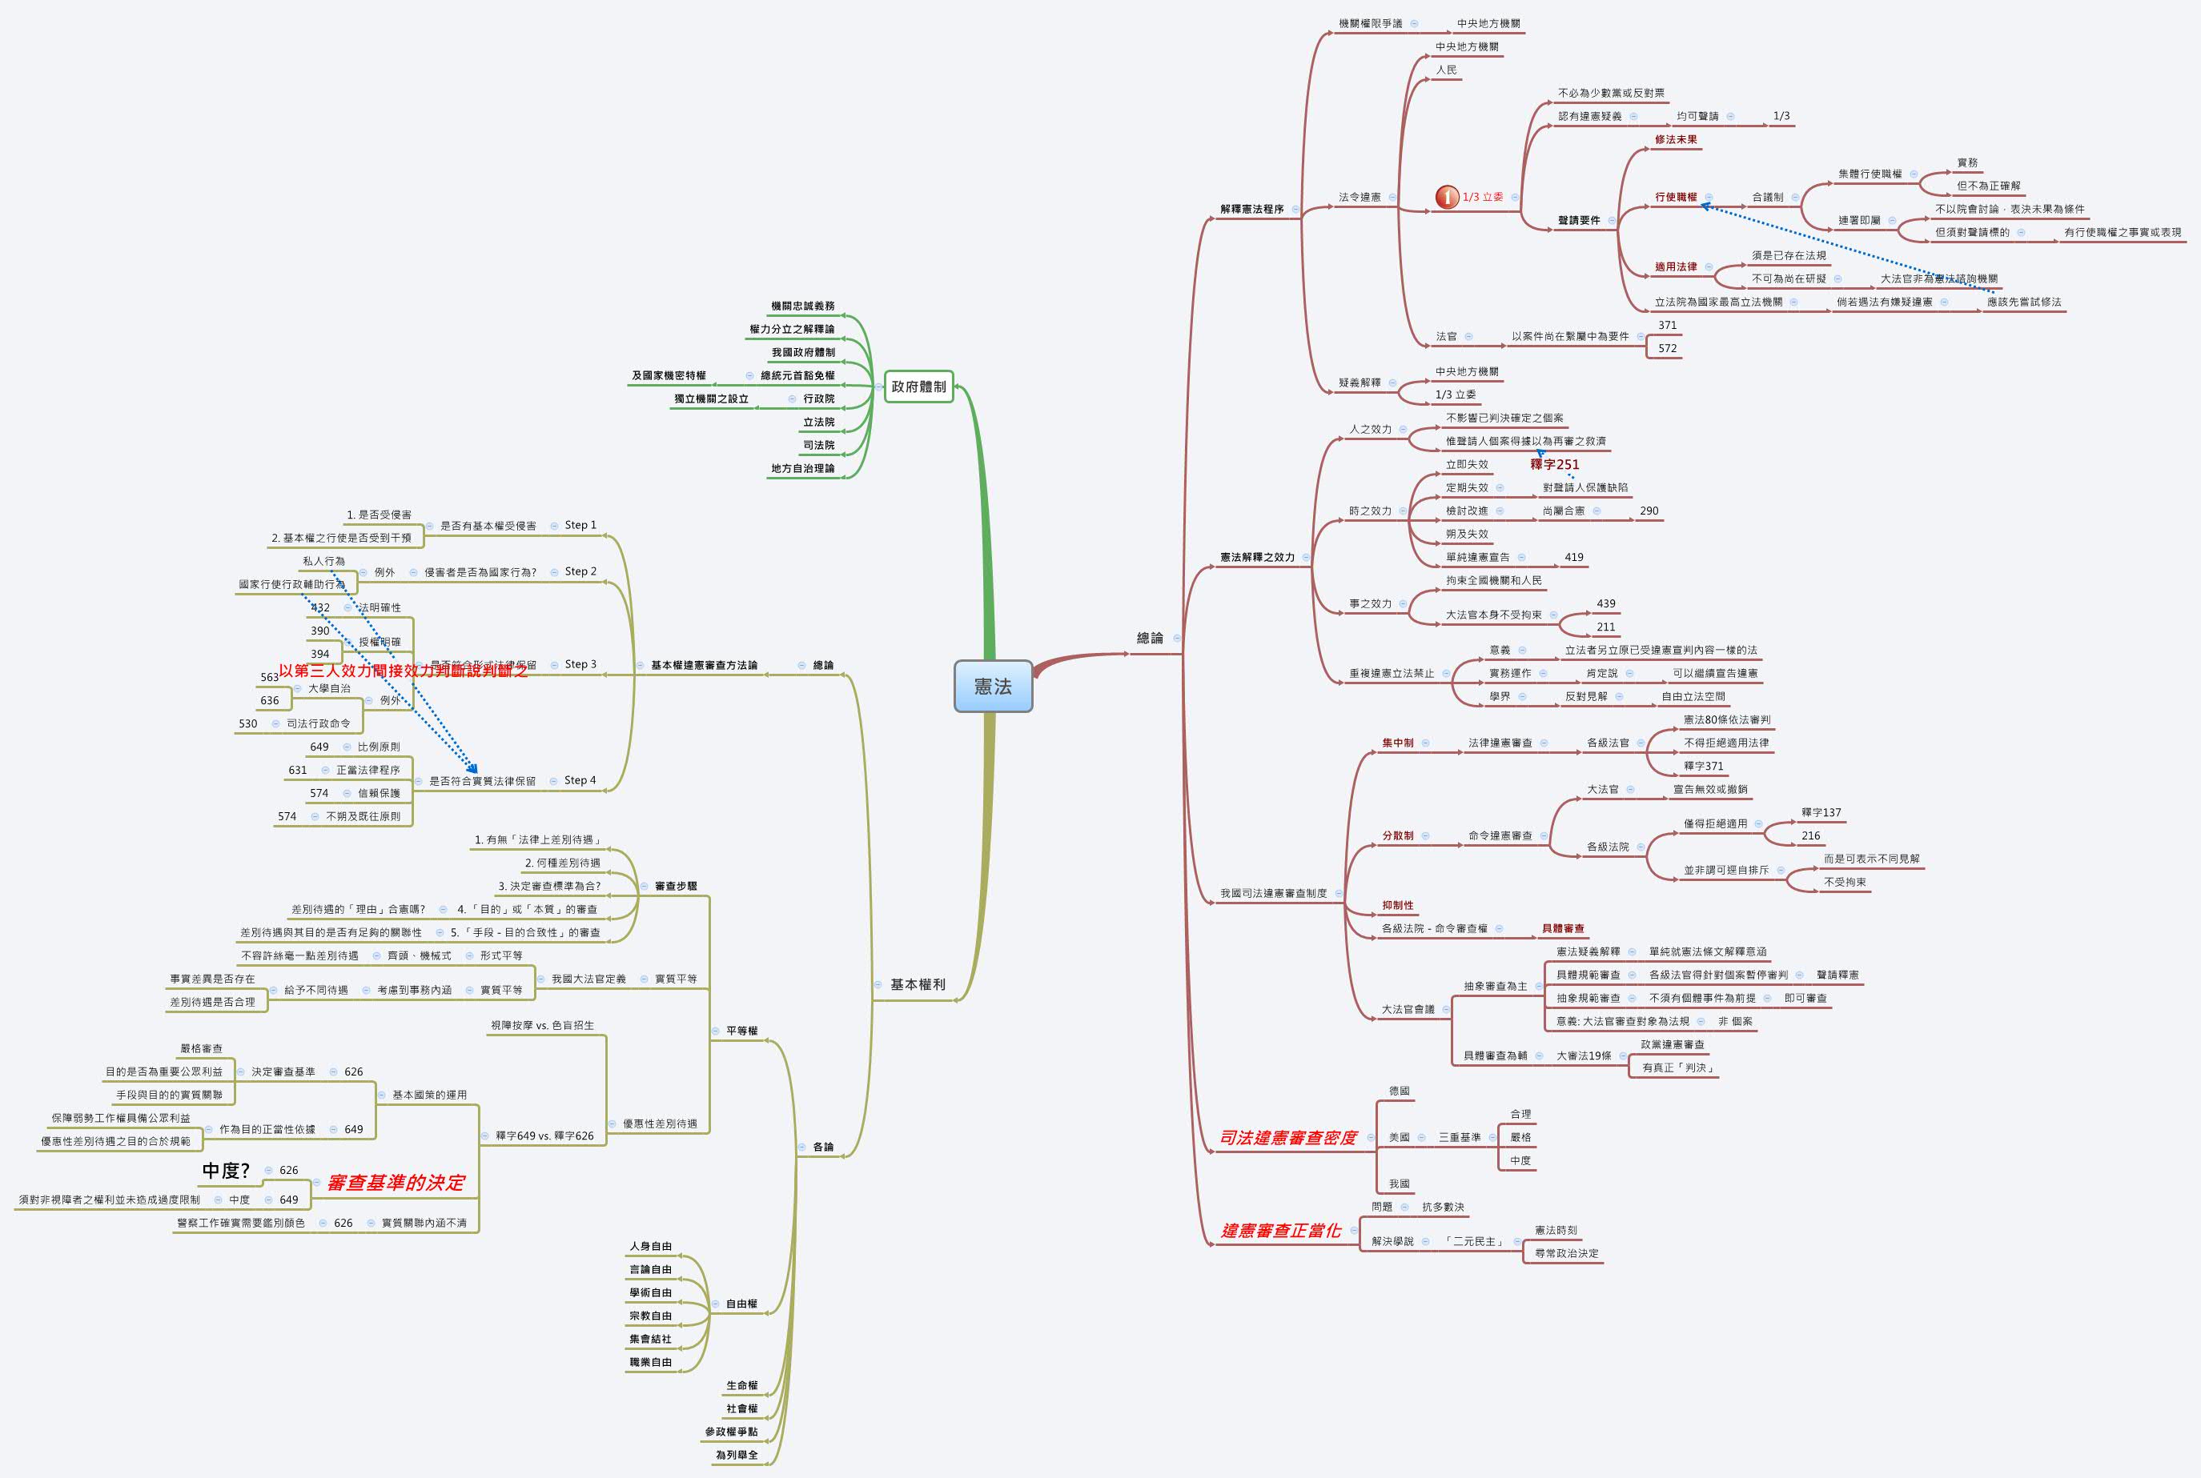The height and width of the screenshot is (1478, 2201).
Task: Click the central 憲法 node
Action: [993, 687]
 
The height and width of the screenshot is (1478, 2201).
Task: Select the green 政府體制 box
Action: [918, 387]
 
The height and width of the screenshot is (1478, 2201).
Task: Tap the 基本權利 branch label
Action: [917, 984]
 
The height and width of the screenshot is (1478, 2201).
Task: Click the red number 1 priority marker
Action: [1447, 197]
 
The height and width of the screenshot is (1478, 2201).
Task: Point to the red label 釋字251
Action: [1554, 464]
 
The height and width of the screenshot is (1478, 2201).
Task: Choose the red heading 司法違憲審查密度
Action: [1287, 1138]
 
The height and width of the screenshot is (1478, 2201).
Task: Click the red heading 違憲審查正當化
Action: [1279, 1230]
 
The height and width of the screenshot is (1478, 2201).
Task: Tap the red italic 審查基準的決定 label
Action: [396, 1182]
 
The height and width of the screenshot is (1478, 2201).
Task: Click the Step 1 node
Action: [580, 525]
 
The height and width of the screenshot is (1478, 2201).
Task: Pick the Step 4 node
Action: [580, 780]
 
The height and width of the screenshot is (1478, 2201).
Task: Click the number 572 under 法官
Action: [1667, 348]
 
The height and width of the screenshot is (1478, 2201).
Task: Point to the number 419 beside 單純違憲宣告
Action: [1574, 557]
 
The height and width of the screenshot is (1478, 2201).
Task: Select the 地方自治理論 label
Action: [802, 468]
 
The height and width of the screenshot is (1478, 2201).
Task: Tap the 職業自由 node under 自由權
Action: [651, 1362]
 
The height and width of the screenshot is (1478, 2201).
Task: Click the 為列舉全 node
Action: [736, 1455]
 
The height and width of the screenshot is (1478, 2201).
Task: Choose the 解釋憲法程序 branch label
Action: [1251, 210]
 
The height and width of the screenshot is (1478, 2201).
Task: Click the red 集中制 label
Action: [1398, 743]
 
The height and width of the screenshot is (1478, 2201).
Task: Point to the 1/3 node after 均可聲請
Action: [1781, 116]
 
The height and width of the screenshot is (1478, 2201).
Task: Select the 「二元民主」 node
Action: [1474, 1241]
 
